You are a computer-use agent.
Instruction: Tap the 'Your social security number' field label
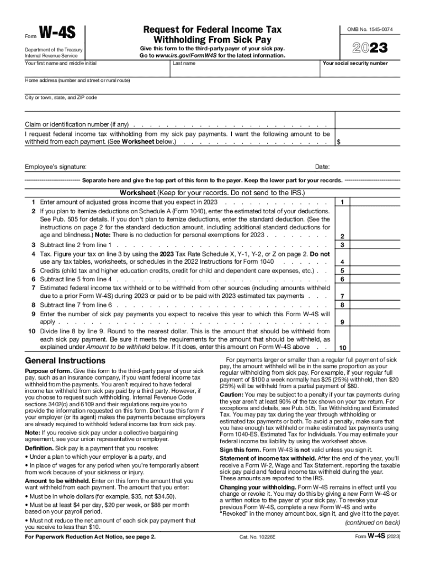point(355,63)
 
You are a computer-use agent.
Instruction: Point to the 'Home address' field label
point(77,80)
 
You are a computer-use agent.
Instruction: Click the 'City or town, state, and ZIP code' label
point(61,97)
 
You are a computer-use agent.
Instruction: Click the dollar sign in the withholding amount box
point(338,142)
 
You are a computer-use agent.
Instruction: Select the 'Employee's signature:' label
point(56,167)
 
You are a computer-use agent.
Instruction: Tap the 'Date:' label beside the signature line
point(322,167)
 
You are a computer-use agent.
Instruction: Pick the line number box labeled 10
point(343,348)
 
